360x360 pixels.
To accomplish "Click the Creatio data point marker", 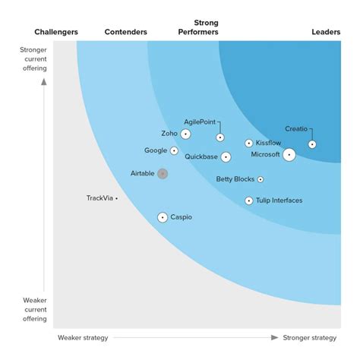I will [312, 144].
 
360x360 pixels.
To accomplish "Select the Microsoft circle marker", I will [289, 155].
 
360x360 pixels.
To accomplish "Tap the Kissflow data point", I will [249, 143].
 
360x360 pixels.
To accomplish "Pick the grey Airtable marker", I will [162, 174].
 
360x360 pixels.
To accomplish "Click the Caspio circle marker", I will [162, 217].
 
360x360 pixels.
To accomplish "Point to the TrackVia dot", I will [116, 198].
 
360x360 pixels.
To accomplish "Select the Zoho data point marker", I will [185, 134].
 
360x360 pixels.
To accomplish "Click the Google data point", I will [174, 150].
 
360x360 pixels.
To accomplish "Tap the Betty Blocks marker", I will [261, 180].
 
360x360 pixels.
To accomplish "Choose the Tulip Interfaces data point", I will [249, 201].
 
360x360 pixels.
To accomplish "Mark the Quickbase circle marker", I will [226, 157].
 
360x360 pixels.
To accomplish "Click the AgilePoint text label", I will [200, 122].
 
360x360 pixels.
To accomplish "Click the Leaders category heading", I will [326, 32].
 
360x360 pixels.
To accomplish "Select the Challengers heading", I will [57, 32].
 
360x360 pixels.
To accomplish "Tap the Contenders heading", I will [125, 32].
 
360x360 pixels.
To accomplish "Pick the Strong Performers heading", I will [198, 28].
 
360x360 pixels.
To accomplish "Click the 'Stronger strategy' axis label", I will [309, 337].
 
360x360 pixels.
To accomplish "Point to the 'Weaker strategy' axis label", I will [83, 337].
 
